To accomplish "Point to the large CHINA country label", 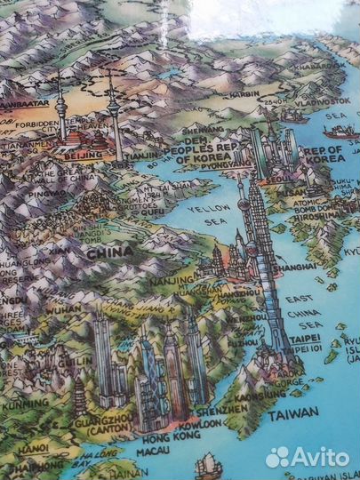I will pyautogui.click(x=109, y=252).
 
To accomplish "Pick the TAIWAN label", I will pyautogui.click(x=292, y=413).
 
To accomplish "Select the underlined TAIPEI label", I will pyautogui.click(x=306, y=339).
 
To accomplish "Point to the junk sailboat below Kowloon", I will pyautogui.click(x=208, y=464).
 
